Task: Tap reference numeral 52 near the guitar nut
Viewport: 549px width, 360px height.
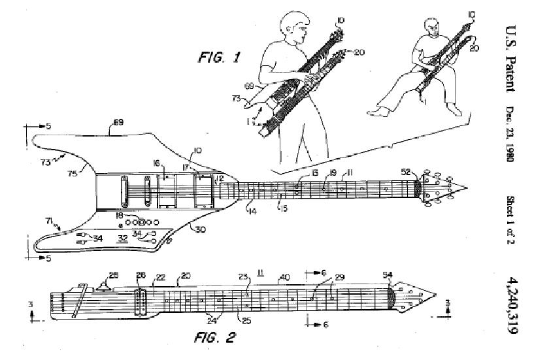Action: pos(406,172)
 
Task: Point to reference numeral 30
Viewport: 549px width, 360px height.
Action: pos(195,228)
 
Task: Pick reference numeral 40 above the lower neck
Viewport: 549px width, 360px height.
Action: pos(285,277)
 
